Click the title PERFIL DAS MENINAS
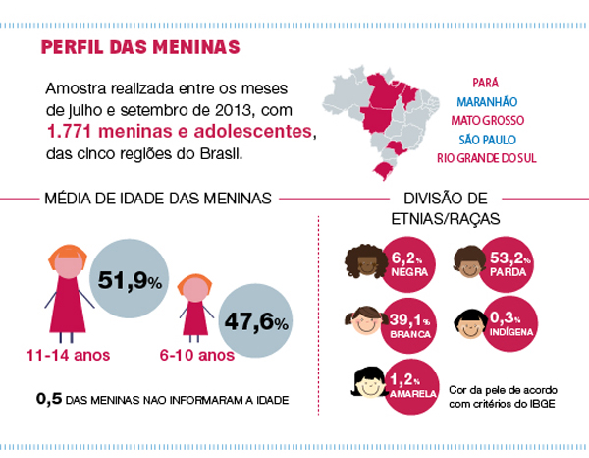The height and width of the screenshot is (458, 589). pyautogui.click(x=141, y=48)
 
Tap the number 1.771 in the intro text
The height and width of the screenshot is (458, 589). pyautogui.click(x=72, y=132)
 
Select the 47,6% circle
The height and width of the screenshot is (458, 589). pyautogui.click(x=255, y=321)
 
